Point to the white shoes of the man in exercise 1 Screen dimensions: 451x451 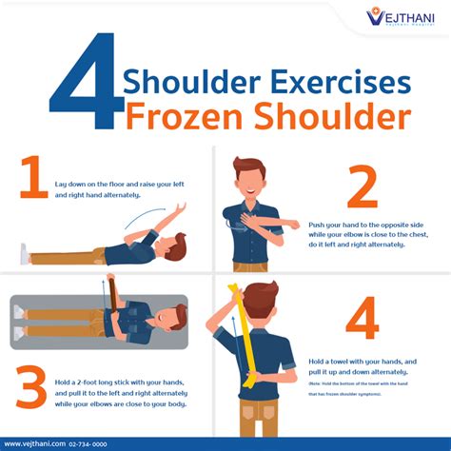click(x=24, y=254)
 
